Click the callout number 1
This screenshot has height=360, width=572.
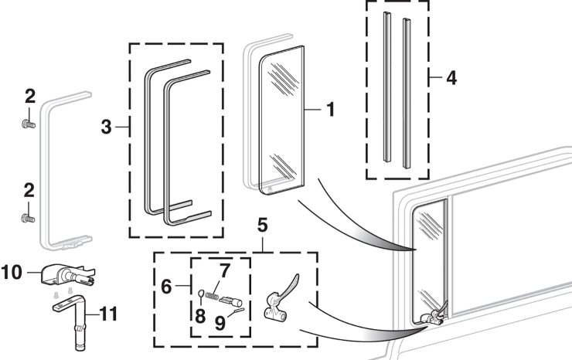click(329, 110)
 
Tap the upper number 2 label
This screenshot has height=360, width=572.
click(29, 97)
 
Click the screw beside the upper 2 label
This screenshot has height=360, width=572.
click(29, 121)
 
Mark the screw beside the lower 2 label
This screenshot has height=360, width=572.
click(29, 218)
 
